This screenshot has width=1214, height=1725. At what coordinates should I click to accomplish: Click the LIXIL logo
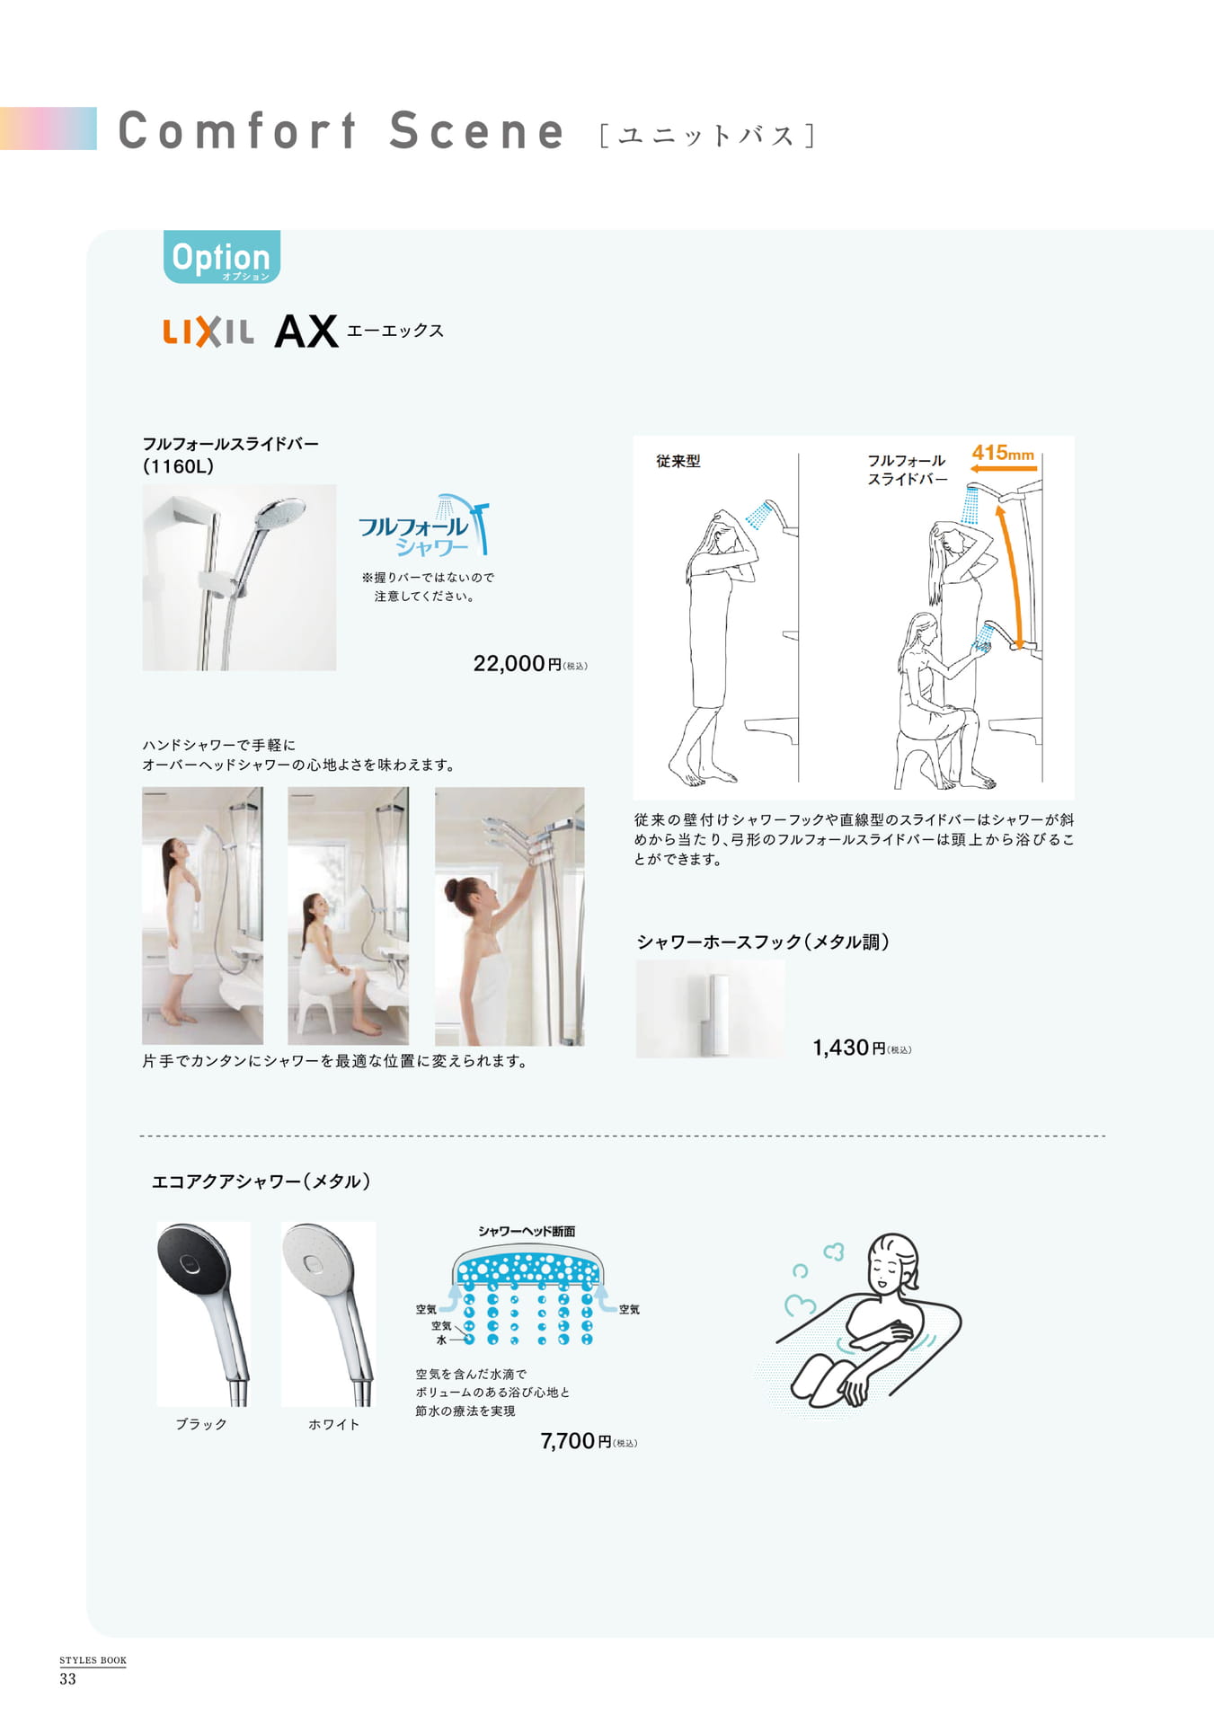point(208,332)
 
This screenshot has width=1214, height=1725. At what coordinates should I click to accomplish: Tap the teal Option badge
point(222,258)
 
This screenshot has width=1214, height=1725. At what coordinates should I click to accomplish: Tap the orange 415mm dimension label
point(1003,454)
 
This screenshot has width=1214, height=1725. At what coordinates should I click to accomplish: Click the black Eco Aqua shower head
point(204,1313)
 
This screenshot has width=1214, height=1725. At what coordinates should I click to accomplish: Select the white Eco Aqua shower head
point(328,1313)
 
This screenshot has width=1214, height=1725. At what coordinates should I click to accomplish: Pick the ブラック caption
point(201,1424)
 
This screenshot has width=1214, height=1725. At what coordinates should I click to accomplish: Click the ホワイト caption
point(334,1424)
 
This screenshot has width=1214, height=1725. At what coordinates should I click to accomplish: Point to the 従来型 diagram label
point(678,461)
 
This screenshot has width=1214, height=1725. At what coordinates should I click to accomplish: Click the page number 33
point(68,1679)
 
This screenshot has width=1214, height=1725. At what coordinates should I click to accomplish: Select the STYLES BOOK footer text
point(93,1660)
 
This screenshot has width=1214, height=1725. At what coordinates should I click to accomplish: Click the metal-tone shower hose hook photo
point(710,1008)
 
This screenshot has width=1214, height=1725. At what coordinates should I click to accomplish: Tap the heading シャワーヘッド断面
point(527,1231)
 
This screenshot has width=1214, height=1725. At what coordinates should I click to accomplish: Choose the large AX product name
point(306,332)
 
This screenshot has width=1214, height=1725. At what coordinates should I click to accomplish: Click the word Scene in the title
point(476,130)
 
